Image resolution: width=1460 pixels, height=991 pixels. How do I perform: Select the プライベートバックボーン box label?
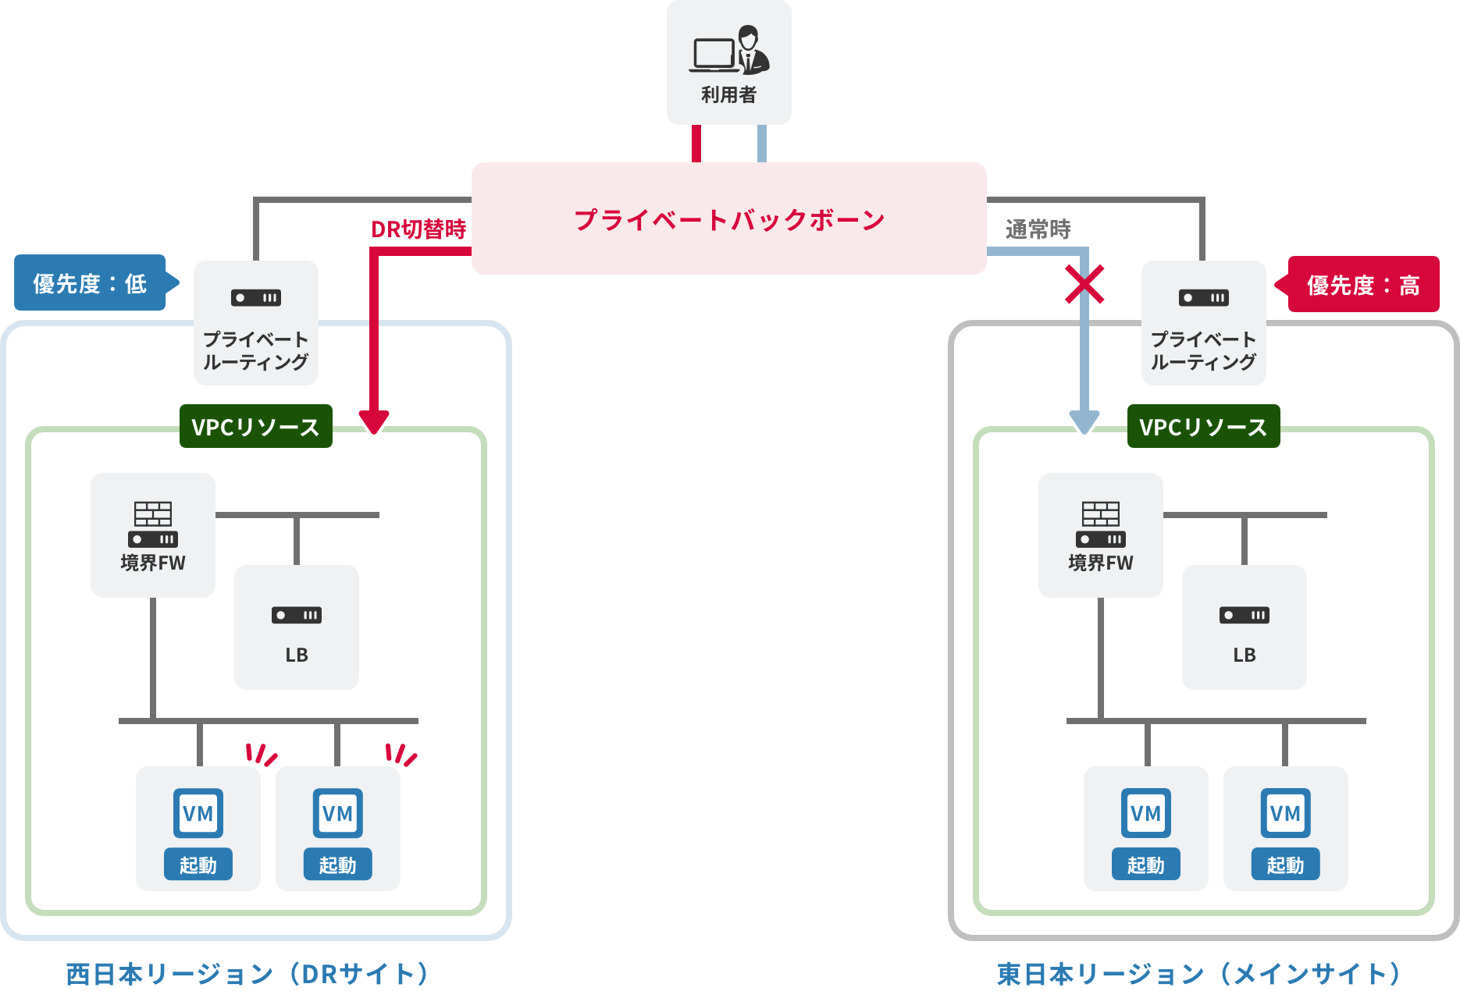click(x=729, y=220)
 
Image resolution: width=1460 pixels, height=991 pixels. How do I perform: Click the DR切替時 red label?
click(x=418, y=229)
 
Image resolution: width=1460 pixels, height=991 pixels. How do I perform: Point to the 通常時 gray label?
click(x=1038, y=229)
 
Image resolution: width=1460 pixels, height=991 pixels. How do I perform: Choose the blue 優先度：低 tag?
click(x=91, y=283)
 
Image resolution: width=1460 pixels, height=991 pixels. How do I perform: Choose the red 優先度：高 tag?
click(x=1362, y=285)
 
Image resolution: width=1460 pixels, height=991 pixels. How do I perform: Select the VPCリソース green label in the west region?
click(x=256, y=427)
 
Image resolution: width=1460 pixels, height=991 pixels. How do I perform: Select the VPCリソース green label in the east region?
click(x=1203, y=427)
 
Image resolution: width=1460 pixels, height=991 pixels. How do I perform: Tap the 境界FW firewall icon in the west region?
click(x=153, y=524)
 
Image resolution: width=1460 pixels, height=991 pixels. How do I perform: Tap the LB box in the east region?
click(x=1244, y=627)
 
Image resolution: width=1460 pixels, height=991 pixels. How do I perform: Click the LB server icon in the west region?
click(x=297, y=615)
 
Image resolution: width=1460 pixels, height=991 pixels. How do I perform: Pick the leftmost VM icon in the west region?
click(x=198, y=813)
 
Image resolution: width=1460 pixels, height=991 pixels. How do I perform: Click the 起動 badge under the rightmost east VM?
click(x=1285, y=865)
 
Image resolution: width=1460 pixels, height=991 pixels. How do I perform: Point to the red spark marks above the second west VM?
click(x=401, y=755)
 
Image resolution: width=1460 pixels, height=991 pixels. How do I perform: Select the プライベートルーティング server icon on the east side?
click(x=1203, y=298)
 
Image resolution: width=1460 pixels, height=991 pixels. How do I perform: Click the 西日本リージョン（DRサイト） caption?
click(x=247, y=974)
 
